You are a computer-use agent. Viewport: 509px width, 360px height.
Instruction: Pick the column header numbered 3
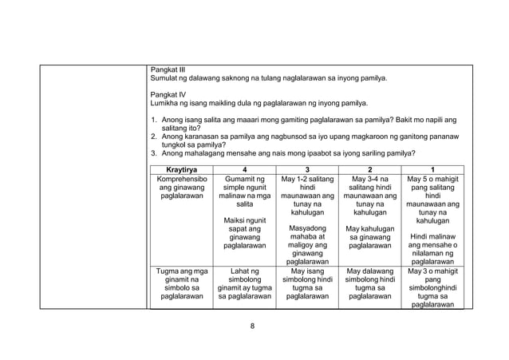point(302,170)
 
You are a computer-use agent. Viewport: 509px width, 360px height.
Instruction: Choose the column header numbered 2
point(368,170)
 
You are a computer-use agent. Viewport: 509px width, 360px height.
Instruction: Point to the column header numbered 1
point(433,170)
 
